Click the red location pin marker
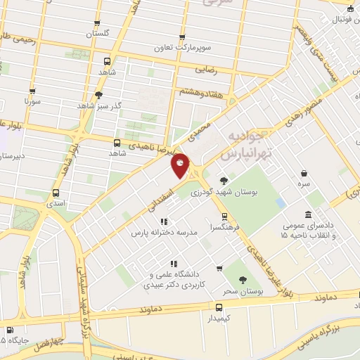click(181, 165)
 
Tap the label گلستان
click(98, 34)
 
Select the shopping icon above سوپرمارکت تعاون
click(183, 37)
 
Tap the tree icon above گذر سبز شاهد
click(98, 95)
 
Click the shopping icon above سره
click(304, 172)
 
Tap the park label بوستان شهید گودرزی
click(233, 191)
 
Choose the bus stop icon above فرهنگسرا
click(224, 217)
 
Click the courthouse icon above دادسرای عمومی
click(308, 214)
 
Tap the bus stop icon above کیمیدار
click(218, 307)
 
